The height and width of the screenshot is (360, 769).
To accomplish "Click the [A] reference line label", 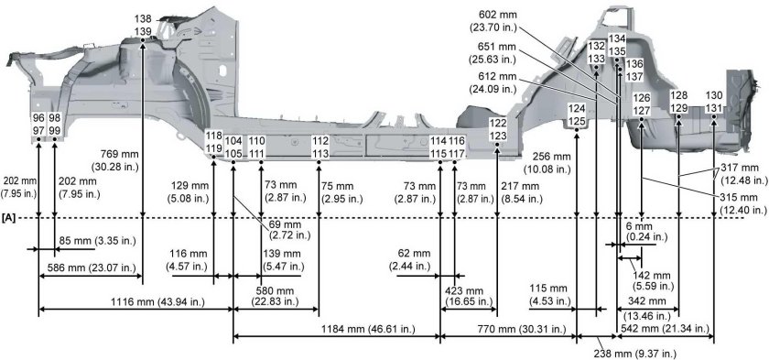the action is (11, 218).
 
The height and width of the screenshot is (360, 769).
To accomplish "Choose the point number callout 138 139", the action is (143, 26).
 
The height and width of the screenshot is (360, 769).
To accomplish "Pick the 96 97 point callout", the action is (38, 125).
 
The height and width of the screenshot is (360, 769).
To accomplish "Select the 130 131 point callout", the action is (713, 103).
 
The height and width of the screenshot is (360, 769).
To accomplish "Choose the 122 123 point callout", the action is (497, 129).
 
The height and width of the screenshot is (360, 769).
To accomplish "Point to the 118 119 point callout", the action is (213, 142).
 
